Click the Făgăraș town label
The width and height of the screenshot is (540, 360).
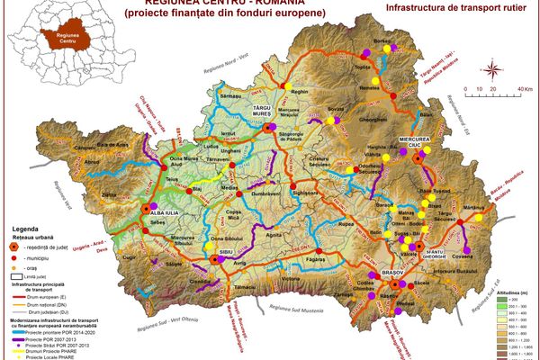pos(317,259)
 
